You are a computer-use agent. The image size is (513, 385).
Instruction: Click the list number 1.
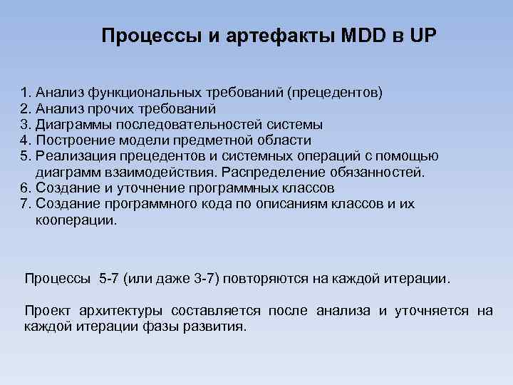(x=26, y=92)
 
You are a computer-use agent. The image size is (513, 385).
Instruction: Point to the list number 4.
(x=26, y=140)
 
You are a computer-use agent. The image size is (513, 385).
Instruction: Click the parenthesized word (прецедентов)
(x=331, y=92)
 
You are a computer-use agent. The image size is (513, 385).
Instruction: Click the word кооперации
(x=73, y=220)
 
